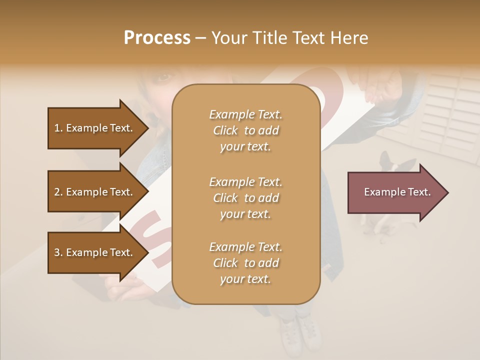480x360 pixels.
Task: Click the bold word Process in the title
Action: tap(157, 38)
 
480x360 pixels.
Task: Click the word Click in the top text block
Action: tap(225, 131)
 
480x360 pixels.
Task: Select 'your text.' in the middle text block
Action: tap(245, 214)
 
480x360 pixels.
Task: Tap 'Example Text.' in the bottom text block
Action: tap(245, 247)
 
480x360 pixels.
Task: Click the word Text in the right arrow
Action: tap(419, 192)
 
